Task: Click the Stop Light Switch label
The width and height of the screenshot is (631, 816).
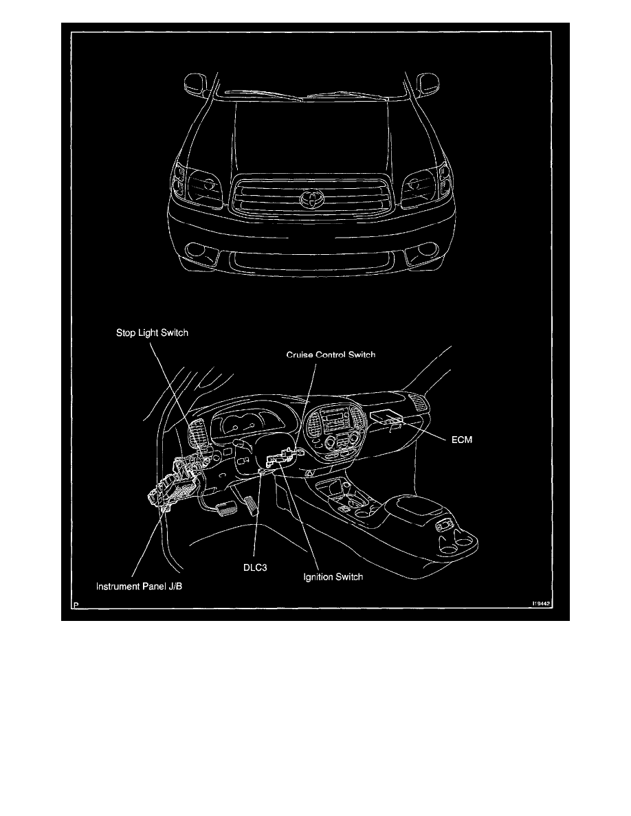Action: (x=151, y=332)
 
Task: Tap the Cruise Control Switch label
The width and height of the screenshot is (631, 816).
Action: (x=331, y=355)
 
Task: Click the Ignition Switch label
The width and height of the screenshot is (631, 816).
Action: (x=333, y=577)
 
